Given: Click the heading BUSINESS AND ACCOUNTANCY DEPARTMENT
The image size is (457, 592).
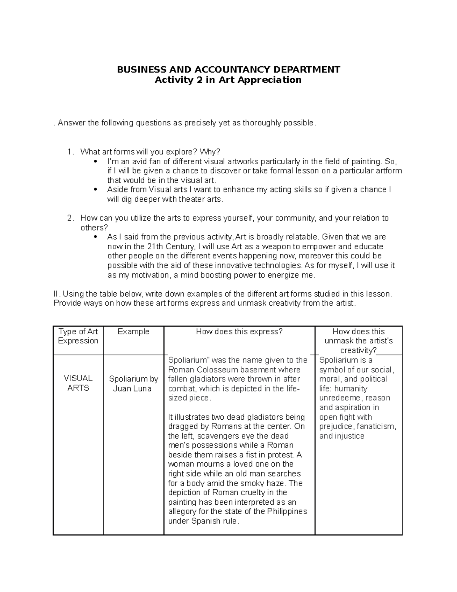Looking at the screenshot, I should [x=228, y=69].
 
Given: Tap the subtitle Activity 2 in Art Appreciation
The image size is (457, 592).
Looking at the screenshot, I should [x=228, y=80].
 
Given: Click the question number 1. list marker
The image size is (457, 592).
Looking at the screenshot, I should [x=70, y=152].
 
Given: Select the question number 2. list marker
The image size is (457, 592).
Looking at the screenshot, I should [x=70, y=218].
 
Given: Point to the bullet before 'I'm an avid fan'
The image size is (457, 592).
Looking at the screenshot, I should [x=95, y=161].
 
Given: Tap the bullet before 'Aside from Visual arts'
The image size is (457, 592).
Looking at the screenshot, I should [x=95, y=189].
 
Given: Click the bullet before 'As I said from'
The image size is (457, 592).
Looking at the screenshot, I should [x=95, y=237].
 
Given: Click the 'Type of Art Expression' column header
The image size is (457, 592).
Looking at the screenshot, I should [x=78, y=336].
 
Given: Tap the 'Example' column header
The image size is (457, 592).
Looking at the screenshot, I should [x=133, y=332].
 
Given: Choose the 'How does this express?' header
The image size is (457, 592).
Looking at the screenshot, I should [x=239, y=332].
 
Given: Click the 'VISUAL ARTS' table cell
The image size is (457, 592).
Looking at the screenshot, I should [x=78, y=383].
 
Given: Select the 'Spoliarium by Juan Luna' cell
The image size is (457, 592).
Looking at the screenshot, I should [x=133, y=383].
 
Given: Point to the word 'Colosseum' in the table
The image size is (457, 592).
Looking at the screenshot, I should [x=209, y=370].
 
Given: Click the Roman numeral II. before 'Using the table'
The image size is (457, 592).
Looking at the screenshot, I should [x=57, y=294].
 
